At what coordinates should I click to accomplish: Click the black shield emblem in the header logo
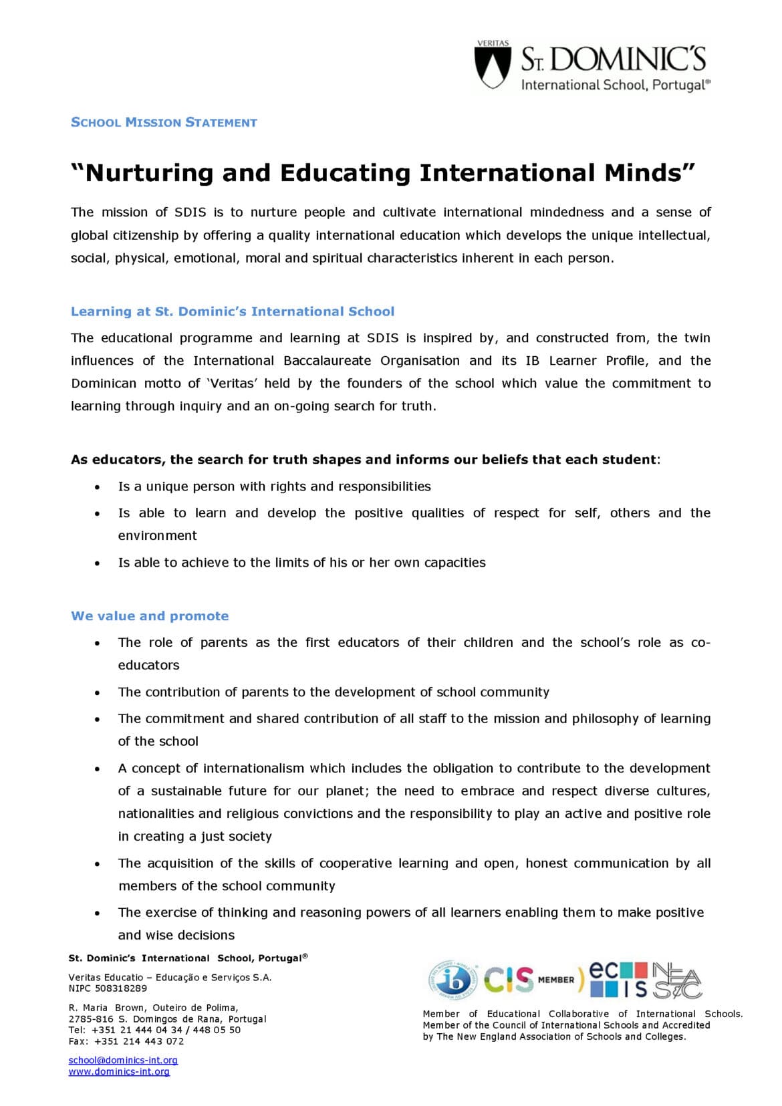click(x=492, y=67)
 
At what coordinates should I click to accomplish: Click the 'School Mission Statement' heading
click(x=164, y=122)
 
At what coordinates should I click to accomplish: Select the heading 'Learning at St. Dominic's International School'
click(x=233, y=311)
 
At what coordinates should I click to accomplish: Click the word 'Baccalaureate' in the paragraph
click(x=327, y=361)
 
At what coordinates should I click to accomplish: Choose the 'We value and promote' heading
click(x=150, y=616)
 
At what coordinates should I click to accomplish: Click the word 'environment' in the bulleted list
click(x=157, y=536)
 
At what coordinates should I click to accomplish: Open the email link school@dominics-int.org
click(x=123, y=1060)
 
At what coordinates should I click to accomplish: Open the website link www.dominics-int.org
click(x=119, y=1071)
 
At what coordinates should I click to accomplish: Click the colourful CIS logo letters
click(x=509, y=980)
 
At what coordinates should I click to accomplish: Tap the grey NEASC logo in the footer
click(x=676, y=980)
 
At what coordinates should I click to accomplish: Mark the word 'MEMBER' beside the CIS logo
click(x=556, y=980)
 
